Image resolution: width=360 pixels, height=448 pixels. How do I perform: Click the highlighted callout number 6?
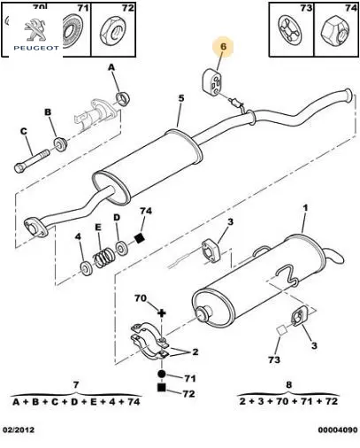(223, 47)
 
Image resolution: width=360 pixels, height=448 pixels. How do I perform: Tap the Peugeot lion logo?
(35, 30)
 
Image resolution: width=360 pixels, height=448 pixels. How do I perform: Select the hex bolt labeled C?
(32, 161)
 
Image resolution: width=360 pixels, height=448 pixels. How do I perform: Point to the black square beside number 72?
(161, 387)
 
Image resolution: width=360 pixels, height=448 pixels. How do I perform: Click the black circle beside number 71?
(161, 375)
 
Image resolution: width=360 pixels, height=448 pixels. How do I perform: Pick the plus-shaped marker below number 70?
(162, 313)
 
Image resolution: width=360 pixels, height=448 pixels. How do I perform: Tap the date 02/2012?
(19, 429)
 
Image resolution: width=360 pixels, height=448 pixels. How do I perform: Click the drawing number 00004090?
(338, 429)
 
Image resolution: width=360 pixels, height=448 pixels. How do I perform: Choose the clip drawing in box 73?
(290, 30)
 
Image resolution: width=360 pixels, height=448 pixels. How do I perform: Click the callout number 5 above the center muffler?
(181, 98)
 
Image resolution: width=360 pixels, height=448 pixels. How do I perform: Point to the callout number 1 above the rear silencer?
(305, 208)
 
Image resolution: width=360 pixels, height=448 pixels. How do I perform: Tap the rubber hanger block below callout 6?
(211, 82)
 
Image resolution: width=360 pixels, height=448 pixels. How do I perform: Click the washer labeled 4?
(87, 268)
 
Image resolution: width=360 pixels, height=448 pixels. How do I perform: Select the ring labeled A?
(123, 98)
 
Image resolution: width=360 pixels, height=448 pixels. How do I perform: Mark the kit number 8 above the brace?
(288, 385)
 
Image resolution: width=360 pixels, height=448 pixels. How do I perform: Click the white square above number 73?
(281, 330)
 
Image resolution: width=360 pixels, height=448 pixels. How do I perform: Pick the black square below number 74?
(139, 237)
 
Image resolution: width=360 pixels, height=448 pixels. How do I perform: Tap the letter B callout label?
(48, 112)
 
